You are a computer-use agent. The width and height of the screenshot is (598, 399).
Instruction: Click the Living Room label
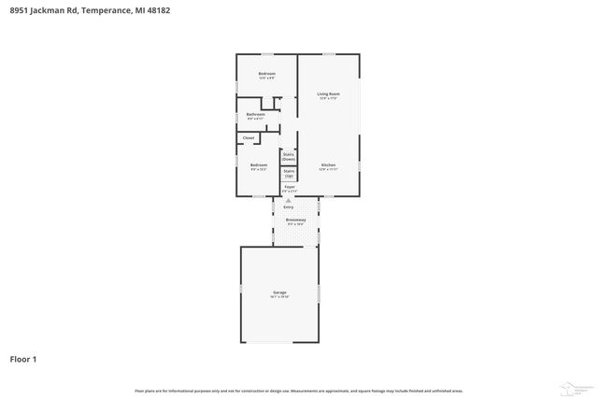click(328, 94)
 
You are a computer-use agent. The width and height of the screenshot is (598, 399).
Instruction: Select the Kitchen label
click(327, 165)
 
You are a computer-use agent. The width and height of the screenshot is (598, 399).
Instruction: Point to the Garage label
click(280, 292)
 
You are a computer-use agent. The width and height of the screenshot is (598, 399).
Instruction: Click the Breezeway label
click(295, 221)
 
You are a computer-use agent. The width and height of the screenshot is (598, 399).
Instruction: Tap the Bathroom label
click(255, 115)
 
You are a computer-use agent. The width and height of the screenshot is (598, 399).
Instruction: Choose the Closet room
click(249, 138)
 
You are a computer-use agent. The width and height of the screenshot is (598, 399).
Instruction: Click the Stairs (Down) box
click(289, 156)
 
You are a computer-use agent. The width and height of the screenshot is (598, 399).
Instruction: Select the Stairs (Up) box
click(289, 173)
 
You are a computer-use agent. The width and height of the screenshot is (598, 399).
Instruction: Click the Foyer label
click(290, 186)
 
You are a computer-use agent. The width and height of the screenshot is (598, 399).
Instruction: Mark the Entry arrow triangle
click(289, 200)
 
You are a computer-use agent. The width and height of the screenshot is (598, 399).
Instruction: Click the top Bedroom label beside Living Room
click(266, 73)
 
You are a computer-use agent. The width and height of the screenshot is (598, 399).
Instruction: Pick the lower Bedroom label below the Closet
click(258, 165)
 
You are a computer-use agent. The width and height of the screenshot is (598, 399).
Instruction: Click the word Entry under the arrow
click(289, 207)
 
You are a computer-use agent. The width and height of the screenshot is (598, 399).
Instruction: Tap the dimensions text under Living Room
click(328, 99)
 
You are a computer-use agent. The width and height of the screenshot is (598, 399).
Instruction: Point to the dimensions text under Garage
click(280, 297)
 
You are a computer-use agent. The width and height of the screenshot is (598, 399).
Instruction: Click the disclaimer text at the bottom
click(299, 391)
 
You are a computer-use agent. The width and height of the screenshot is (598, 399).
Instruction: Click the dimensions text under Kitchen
click(327, 170)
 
